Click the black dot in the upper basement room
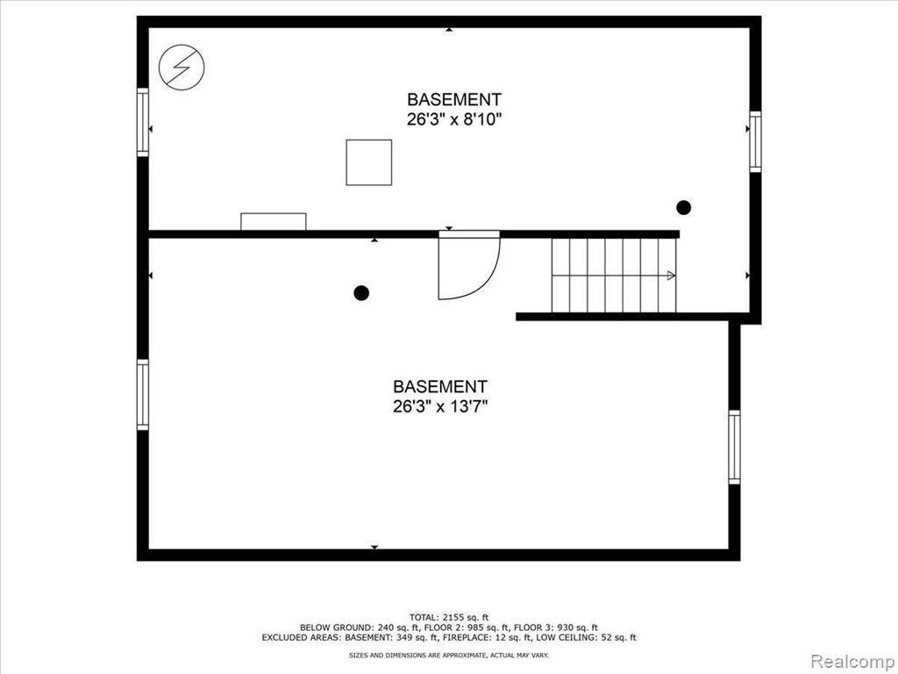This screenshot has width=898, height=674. click(683, 207)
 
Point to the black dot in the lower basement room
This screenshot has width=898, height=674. click(361, 293)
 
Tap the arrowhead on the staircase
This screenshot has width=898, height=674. click(671, 276)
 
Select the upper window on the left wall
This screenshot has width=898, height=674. click(143, 122)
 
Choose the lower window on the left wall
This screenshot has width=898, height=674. click(143, 395)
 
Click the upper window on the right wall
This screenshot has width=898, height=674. click(755, 141)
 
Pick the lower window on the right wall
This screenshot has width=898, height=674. click(734, 447)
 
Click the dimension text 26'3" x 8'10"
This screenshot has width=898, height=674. click(454, 119)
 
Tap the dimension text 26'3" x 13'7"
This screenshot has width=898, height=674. click(440, 406)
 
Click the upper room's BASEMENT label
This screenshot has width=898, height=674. click(454, 99)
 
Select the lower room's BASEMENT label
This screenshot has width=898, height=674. click(440, 386)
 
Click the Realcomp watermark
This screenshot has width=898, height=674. click(852, 661)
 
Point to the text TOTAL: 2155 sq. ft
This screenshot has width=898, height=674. click(449, 617)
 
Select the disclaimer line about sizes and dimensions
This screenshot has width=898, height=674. click(449, 655)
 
